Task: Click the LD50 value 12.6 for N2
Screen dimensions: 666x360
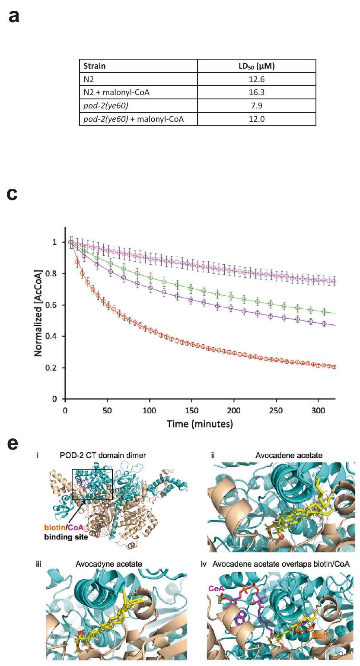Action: click(x=257, y=79)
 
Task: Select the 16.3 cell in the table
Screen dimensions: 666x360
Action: click(x=257, y=92)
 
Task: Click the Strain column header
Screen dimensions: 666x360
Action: click(x=94, y=66)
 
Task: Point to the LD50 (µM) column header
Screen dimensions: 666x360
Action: click(x=257, y=66)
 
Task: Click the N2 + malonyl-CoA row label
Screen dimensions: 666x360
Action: click(x=116, y=92)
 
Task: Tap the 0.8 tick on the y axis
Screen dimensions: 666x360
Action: click(x=55, y=274)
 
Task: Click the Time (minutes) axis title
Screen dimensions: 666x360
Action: click(x=200, y=424)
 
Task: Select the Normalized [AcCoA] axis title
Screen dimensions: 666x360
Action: click(x=38, y=313)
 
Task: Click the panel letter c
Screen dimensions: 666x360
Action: click(x=13, y=194)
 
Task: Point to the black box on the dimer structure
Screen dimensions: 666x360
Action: click(x=92, y=484)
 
